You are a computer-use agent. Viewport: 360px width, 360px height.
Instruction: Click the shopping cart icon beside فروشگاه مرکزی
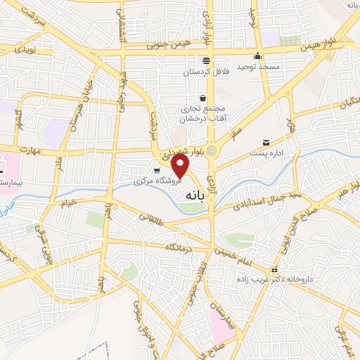point(156,171)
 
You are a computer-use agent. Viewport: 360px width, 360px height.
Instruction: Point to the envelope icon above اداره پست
point(265,142)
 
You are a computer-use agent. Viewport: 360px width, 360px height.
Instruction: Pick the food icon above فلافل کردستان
point(205,60)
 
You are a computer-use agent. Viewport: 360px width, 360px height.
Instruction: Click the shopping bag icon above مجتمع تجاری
point(202,98)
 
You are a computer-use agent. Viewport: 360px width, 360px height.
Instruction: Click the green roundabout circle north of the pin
point(212,150)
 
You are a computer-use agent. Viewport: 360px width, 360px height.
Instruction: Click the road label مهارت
point(30,151)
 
